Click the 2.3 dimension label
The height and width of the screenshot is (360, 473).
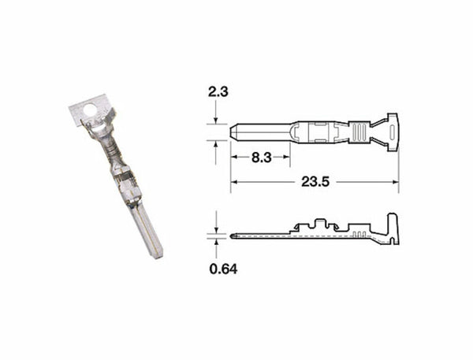click(218, 92)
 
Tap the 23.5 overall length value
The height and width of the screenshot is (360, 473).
click(314, 182)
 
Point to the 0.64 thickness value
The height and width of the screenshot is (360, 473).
click(223, 269)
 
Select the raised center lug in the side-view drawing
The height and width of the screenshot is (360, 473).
click(322, 225)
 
